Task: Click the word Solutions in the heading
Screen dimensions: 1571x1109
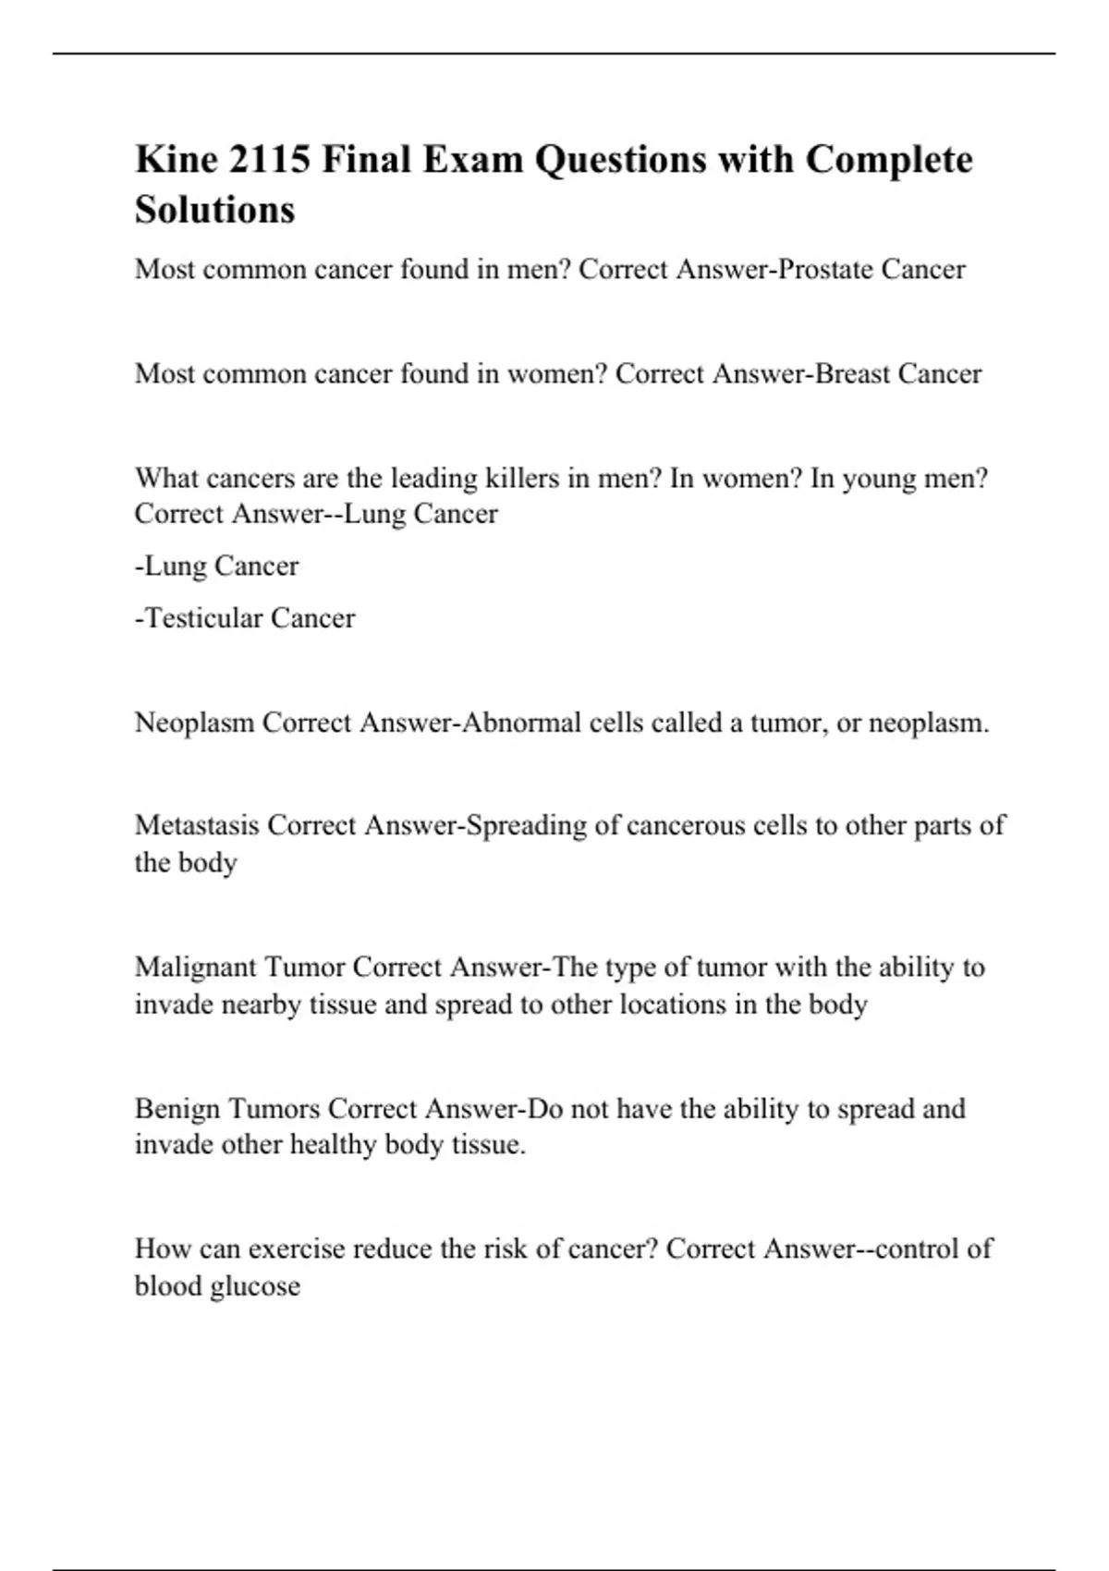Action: pos(214,210)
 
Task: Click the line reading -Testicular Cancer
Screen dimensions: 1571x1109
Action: pos(245,618)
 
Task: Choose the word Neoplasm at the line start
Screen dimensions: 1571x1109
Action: pos(194,723)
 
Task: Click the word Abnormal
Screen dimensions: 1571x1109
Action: pos(519,723)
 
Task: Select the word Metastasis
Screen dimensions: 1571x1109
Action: pos(197,825)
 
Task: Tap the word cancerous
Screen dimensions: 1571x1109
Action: pos(685,825)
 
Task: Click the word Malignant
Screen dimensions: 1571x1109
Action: pos(195,968)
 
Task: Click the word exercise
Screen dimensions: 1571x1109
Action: pos(296,1249)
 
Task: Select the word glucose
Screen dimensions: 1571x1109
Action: pos(256,1286)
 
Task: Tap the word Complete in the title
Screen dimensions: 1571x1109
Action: pos(889,160)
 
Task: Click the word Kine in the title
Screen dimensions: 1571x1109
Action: pos(176,160)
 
